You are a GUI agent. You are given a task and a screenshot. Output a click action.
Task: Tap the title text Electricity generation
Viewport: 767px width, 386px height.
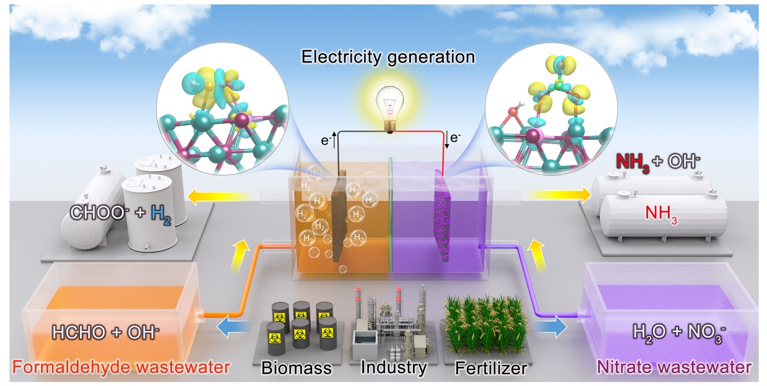388,58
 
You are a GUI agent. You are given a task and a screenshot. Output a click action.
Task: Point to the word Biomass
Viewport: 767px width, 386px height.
296,369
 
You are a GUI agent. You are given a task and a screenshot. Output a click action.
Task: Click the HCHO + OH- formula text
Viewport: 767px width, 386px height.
111,332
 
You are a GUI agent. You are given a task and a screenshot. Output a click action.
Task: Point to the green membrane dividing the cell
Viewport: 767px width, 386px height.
390,217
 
